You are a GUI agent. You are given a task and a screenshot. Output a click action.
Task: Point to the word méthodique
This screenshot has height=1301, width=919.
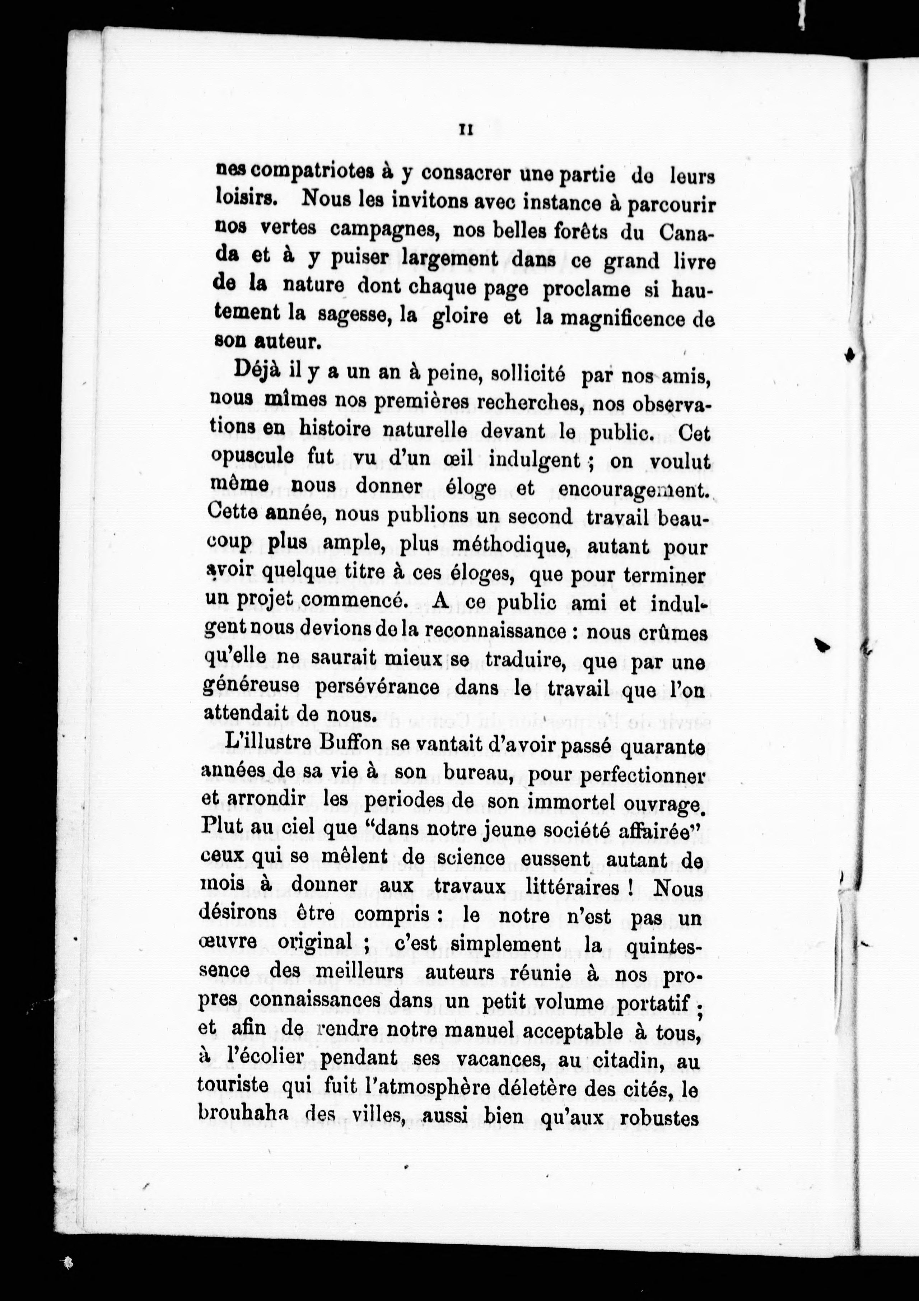(x=484, y=546)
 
